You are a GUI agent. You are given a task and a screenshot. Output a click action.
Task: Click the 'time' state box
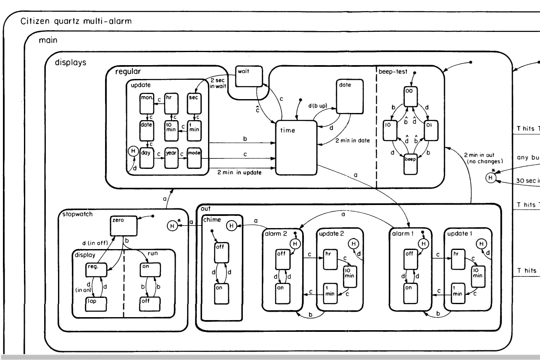point(296,147)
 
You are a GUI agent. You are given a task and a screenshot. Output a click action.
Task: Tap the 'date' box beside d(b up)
point(350,96)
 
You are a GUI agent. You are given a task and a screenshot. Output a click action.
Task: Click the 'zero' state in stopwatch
point(124,226)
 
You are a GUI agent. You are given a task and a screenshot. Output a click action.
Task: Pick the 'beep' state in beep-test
point(411,164)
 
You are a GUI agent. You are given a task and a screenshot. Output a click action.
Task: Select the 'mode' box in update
point(194,158)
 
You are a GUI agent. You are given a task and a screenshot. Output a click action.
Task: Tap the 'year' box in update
point(171,158)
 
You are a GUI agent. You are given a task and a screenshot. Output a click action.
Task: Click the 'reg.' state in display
point(95,268)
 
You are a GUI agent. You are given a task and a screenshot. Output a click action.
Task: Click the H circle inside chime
point(231,226)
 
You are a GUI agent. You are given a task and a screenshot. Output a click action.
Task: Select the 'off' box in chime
point(221,252)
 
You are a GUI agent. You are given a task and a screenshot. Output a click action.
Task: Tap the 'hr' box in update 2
point(330,259)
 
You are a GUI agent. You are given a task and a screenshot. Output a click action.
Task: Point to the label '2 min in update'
point(239,172)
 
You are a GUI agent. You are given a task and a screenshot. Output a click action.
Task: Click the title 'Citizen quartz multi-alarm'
point(76,21)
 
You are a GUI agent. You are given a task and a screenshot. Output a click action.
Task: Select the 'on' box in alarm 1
point(409,293)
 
